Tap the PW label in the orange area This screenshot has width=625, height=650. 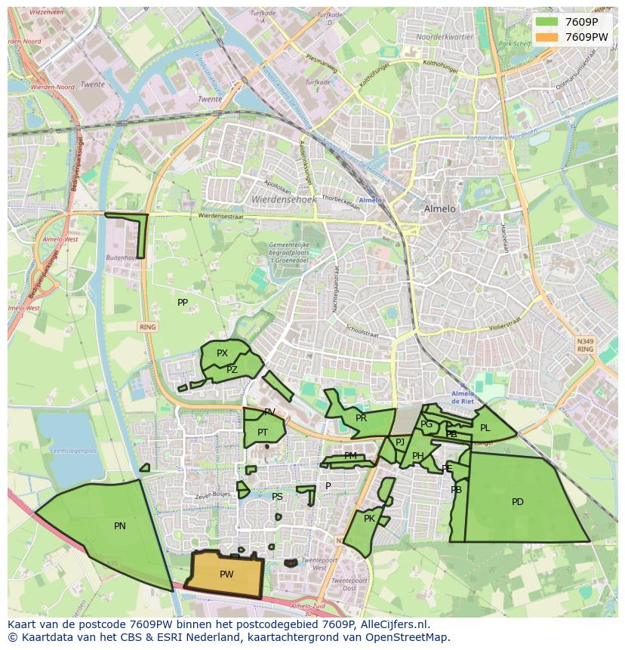[x=226, y=575]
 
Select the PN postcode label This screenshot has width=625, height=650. [x=120, y=526]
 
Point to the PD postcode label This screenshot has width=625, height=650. [x=518, y=502]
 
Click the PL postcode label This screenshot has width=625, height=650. [x=485, y=428]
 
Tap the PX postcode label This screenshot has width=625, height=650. [x=222, y=353]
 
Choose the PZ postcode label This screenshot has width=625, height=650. [x=232, y=370]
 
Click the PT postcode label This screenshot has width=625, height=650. [x=263, y=433]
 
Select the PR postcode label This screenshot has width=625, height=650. [x=361, y=418]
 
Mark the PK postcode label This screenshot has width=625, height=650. [x=369, y=519]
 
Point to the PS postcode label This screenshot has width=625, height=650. [x=277, y=497]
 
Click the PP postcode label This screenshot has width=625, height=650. [x=183, y=303]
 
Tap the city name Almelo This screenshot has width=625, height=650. [x=440, y=209]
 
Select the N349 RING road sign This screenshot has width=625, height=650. [x=585, y=345]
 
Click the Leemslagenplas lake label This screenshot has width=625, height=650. [x=72, y=451]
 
